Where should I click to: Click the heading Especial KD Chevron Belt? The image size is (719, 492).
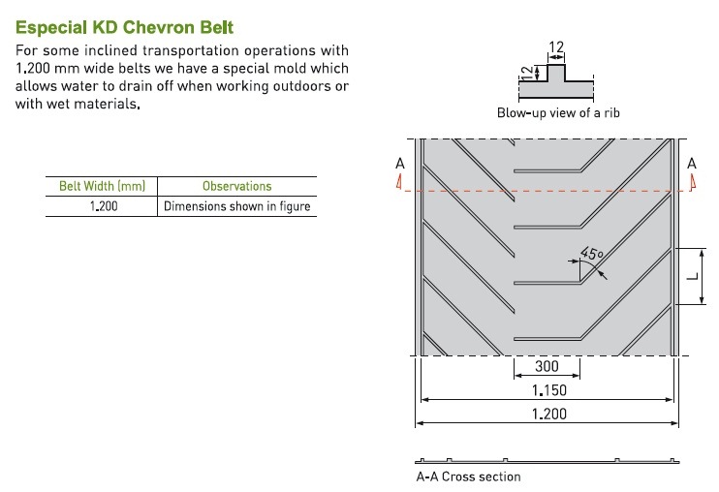(x=124, y=27)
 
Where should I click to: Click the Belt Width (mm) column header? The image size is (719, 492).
(x=102, y=186)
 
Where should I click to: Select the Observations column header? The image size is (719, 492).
(x=237, y=186)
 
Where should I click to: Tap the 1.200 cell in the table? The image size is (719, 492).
(x=104, y=206)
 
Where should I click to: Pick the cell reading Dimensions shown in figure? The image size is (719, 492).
(x=237, y=206)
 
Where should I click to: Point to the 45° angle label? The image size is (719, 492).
(x=591, y=254)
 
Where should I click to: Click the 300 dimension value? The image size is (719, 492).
(x=547, y=366)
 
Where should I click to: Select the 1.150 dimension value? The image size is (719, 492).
(x=548, y=390)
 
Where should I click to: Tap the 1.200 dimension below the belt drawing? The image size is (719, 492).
(x=548, y=415)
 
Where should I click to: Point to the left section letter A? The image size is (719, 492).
(x=400, y=164)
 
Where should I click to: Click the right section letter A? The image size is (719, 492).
(x=692, y=164)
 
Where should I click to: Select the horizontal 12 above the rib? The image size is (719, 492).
(x=556, y=46)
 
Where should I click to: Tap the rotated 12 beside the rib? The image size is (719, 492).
(x=528, y=73)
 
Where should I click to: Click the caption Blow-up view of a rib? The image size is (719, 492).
(x=558, y=112)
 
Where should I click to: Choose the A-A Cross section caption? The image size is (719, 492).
(x=468, y=477)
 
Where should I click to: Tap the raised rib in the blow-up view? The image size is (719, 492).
(x=556, y=73)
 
